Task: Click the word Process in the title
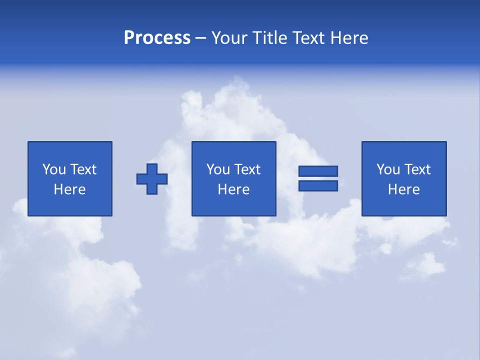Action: coord(157,38)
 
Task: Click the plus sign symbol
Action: coord(152,179)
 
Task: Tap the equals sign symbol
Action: coord(318,178)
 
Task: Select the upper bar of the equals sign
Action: coord(318,171)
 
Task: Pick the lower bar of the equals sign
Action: coord(318,185)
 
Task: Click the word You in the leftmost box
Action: coord(54,169)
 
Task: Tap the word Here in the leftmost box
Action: coord(70,189)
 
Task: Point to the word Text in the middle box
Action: coord(247,169)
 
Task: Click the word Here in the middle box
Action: coord(233,189)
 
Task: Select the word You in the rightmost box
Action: coord(388,169)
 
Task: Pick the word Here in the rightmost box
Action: coord(404,189)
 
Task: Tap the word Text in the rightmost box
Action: coord(417,169)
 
